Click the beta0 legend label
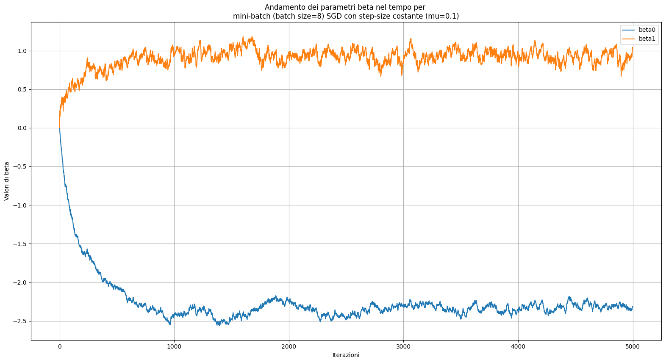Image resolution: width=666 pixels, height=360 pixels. (x=647, y=30)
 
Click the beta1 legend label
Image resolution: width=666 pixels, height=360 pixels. (x=647, y=39)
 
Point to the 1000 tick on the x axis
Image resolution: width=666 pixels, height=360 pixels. (x=174, y=346)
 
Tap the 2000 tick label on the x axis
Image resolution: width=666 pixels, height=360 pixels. (x=289, y=346)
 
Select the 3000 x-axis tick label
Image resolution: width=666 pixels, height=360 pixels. (x=403, y=346)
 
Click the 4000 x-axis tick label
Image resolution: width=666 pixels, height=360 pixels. (x=518, y=346)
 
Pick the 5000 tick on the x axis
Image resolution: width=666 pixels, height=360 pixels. (x=633, y=346)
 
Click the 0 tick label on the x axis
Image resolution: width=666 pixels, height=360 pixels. (x=59, y=346)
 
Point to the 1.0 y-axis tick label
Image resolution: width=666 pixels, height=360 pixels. (x=22, y=51)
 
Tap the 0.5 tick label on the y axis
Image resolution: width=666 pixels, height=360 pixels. (x=22, y=89)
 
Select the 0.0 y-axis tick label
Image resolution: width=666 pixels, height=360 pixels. (x=22, y=128)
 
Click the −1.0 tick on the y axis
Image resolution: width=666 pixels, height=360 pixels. (x=20, y=205)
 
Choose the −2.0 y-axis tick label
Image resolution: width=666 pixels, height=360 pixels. (x=20, y=282)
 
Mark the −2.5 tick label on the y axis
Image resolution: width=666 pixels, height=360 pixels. (x=20, y=321)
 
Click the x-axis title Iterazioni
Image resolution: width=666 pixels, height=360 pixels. (x=346, y=355)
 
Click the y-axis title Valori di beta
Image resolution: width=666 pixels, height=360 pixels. (x=7, y=181)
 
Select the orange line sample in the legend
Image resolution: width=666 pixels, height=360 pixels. (x=628, y=39)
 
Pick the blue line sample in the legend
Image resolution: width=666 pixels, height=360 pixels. (x=628, y=30)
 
